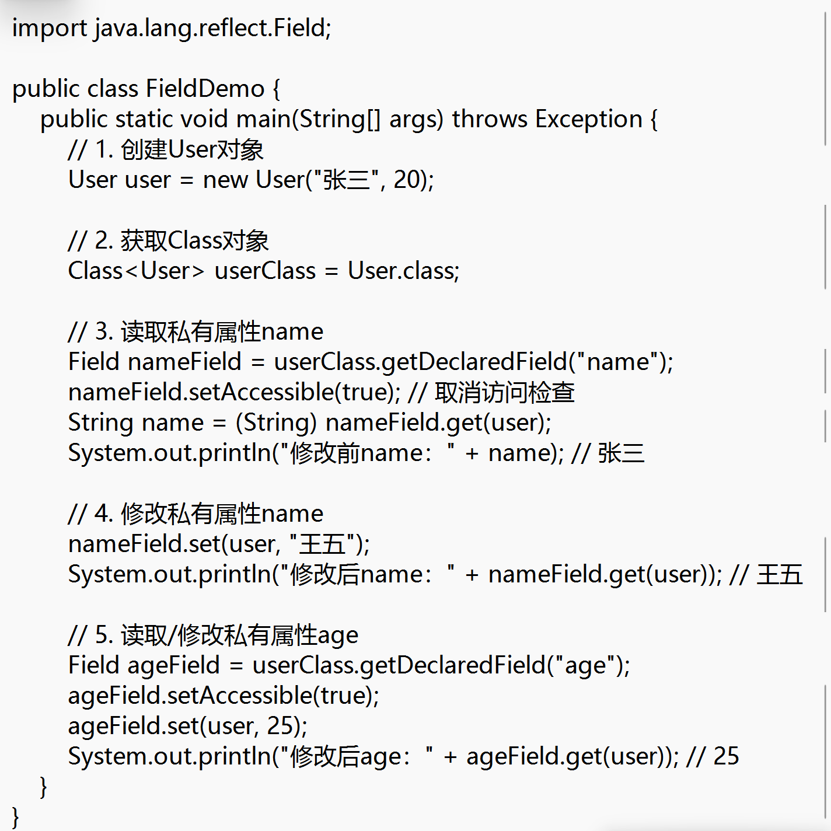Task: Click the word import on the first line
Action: coord(50,29)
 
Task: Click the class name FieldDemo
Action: coord(205,89)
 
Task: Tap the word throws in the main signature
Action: coord(490,120)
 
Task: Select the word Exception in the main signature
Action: coord(589,120)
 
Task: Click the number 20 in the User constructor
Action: coord(407,180)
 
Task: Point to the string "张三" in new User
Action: coord(347,180)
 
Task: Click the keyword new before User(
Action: coord(225,180)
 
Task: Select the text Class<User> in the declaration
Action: coord(137,271)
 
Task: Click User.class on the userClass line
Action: coord(403,271)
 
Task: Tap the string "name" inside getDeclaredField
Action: coord(618,362)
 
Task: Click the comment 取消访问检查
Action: coord(505,393)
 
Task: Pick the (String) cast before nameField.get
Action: coord(276,423)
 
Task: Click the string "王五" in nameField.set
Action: coord(322,544)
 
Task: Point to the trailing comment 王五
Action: coord(780,575)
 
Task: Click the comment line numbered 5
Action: coord(213,636)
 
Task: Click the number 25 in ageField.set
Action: coord(280,727)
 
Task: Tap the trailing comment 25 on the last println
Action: coord(726,757)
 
